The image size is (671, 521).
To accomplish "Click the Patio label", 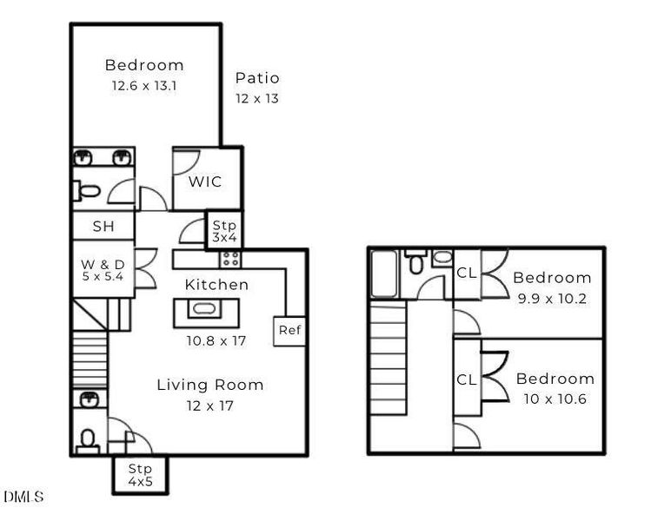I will [x=257, y=78].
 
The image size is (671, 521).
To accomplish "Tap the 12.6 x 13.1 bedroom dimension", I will [x=144, y=86].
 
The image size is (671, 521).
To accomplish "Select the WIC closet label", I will [x=205, y=182].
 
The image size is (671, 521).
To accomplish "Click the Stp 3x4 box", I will [x=224, y=231].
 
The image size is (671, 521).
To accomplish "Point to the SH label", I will [x=103, y=227].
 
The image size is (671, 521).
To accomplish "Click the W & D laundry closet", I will [x=103, y=269].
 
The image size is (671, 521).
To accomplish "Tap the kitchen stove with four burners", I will [x=230, y=259].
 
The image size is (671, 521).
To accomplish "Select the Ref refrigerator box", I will [x=289, y=330].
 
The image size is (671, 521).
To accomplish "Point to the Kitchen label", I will [x=216, y=285].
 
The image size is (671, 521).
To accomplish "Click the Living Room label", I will [x=209, y=385].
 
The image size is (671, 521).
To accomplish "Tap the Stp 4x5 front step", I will [x=139, y=474].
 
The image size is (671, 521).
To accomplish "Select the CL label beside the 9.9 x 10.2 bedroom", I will [x=467, y=274].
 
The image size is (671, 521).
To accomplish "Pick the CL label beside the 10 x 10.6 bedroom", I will [x=467, y=379].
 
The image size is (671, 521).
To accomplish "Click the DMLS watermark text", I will [x=23, y=497].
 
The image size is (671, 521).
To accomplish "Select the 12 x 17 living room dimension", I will [x=209, y=405].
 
